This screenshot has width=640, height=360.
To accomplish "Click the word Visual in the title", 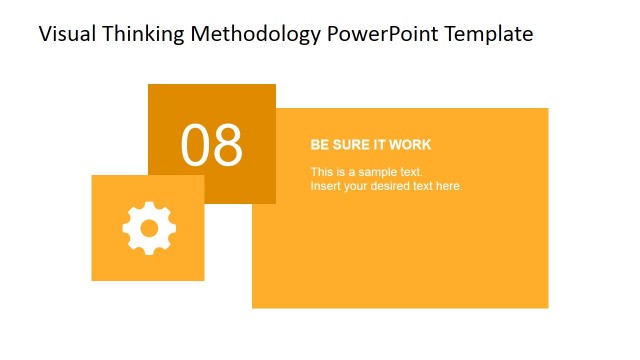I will click(x=64, y=34).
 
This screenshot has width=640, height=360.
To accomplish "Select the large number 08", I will click(x=212, y=145).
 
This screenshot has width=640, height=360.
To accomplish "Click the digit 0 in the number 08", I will click(x=196, y=145).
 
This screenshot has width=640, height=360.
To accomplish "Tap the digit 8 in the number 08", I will click(x=228, y=145).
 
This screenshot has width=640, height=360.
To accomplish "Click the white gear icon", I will click(x=149, y=228).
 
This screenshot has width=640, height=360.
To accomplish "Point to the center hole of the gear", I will click(x=149, y=228).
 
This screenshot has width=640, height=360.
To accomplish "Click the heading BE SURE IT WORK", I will click(x=371, y=145).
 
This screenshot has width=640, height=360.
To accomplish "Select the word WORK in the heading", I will click(x=411, y=145).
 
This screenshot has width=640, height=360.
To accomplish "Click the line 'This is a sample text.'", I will click(x=366, y=172).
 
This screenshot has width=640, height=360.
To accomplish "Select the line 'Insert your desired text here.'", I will click(x=386, y=186).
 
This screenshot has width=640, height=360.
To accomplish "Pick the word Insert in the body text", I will click(x=326, y=186).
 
